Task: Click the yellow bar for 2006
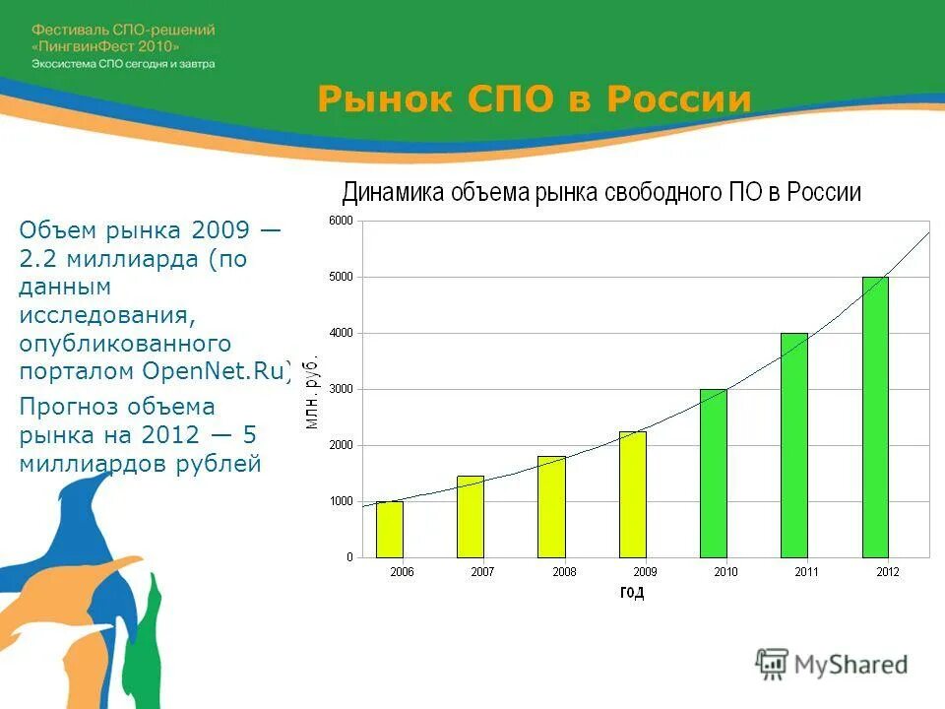coord(390,530)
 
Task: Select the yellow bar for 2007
coord(471,517)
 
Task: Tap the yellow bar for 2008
coord(551,507)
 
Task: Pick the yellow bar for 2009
coord(632,494)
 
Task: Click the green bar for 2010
coord(714,474)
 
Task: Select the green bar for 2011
coord(794,445)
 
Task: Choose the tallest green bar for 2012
coord(875,418)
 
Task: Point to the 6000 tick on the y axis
coord(341,221)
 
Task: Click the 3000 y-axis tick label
coord(341,389)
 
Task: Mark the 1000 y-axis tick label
coord(341,501)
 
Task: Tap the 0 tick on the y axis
coord(348,557)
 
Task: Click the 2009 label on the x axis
coord(645,572)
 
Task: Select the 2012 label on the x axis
coord(888,572)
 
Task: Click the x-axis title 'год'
coord(632,592)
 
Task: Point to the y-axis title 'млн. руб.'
coord(312,391)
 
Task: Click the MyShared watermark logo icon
coord(772,664)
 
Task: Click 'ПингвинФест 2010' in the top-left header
coord(107,46)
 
